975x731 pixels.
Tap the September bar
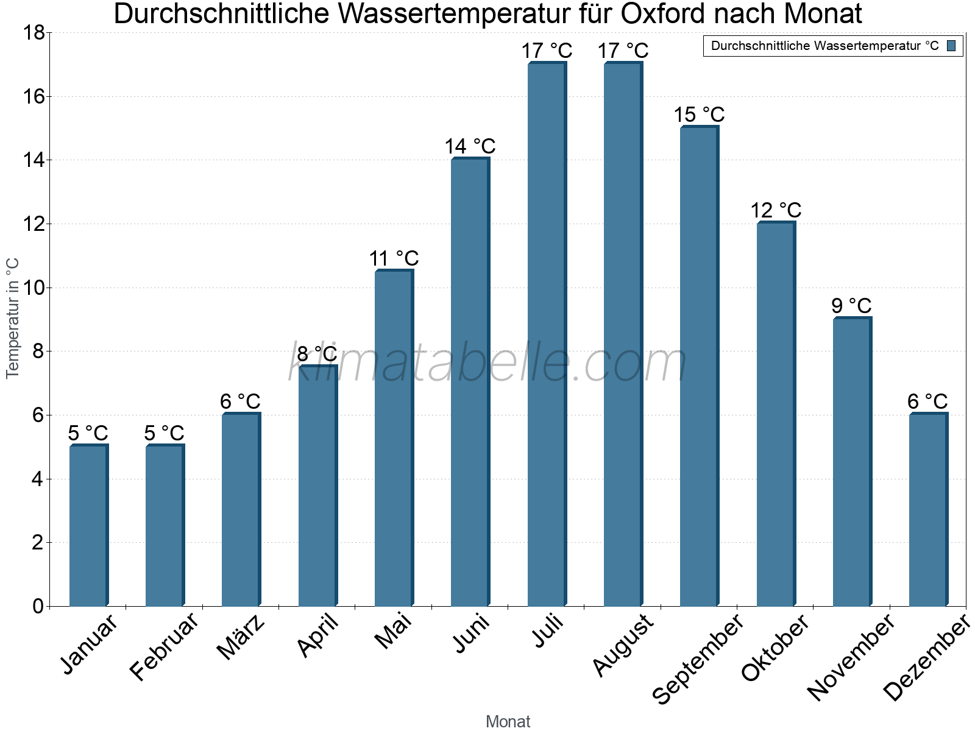[x=699, y=366]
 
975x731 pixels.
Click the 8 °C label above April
[x=317, y=353]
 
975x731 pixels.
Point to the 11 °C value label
[x=394, y=258]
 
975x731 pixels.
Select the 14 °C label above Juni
[x=470, y=146]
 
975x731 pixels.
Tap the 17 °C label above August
[x=623, y=51]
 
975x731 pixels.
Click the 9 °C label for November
[x=851, y=305]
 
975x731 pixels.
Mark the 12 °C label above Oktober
[x=775, y=210]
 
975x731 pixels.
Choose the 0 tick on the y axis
[x=38, y=606]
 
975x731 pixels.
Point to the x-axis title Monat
[x=508, y=721]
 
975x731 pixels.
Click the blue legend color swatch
[x=951, y=46]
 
